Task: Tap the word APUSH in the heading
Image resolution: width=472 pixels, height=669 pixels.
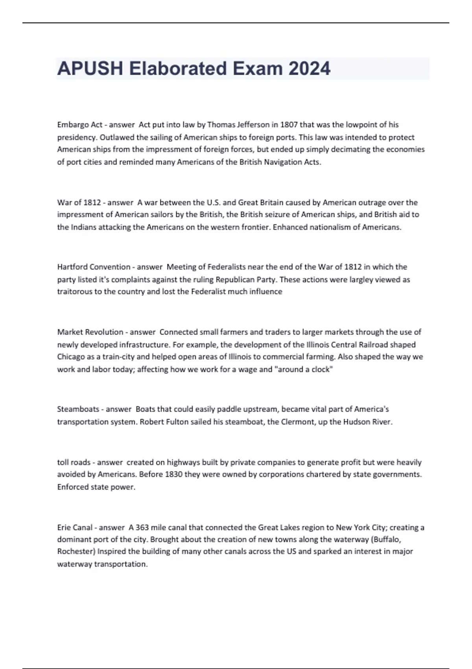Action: [x=90, y=68]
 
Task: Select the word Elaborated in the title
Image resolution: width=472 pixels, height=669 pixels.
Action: [x=178, y=68]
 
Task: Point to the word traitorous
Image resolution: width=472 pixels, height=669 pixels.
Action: [x=74, y=292]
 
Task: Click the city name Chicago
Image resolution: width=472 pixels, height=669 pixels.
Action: [x=71, y=357]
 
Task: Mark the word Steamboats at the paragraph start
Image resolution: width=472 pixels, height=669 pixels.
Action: [x=78, y=409]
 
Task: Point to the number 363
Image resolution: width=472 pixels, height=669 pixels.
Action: [x=142, y=527]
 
